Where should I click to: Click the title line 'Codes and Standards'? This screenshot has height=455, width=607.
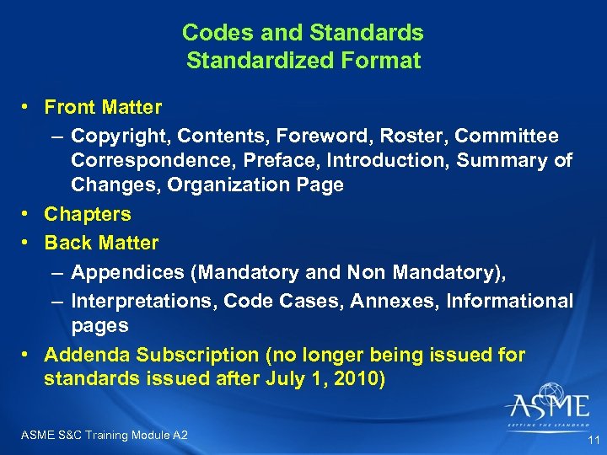(303, 33)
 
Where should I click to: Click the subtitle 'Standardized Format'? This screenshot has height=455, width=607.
(303, 61)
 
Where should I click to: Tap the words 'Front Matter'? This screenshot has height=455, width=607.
(103, 107)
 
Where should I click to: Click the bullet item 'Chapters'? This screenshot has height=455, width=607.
(88, 214)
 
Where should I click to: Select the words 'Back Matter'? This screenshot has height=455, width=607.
(101, 243)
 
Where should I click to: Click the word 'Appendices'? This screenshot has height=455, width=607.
(121, 272)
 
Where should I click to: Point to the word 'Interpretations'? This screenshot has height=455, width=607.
(137, 301)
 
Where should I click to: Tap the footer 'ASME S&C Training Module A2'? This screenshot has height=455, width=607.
(102, 435)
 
